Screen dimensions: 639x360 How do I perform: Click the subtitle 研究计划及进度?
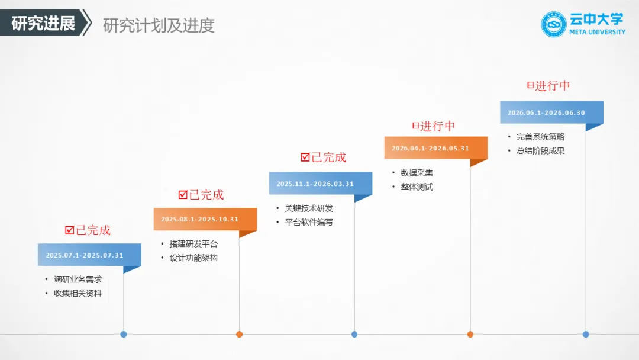(159, 25)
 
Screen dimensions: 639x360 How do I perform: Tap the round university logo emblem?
(554, 24)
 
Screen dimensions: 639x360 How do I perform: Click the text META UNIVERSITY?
(597, 32)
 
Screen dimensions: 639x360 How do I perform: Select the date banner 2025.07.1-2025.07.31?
(85, 255)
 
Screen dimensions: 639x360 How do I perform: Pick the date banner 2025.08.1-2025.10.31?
(200, 219)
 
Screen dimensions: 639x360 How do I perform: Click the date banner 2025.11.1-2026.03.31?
(315, 184)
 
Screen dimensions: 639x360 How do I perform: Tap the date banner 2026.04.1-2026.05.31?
(430, 148)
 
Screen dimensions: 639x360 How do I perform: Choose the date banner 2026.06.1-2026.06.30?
(546, 112)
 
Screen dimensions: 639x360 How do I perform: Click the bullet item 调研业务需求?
(78, 279)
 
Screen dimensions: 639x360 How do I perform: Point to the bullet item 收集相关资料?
(78, 293)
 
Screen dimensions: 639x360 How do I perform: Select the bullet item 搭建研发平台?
(193, 244)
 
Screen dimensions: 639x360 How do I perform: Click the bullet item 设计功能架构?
(193, 258)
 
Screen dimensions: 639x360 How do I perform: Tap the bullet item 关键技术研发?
(309, 208)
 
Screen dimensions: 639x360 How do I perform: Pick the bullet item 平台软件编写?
(309, 222)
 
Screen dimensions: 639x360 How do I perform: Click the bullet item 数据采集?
(417, 173)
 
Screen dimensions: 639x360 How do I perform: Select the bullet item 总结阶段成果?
(540, 150)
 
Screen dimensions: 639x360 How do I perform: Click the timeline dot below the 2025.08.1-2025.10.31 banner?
(239, 334)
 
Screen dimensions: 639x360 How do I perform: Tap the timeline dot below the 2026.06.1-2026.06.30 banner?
(586, 334)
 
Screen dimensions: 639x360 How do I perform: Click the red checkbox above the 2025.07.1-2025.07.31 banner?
(70, 230)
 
